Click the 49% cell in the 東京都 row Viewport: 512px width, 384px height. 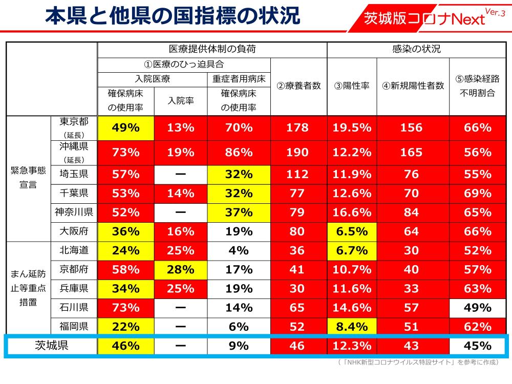(x=126, y=128)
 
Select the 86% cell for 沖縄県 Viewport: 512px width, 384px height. (x=239, y=153)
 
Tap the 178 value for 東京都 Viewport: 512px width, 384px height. (x=297, y=128)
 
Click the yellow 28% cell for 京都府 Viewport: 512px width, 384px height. (x=181, y=269)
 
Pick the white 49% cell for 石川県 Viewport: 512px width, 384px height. (x=477, y=308)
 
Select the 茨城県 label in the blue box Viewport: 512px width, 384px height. (x=51, y=346)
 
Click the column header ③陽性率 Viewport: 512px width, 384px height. (x=352, y=86)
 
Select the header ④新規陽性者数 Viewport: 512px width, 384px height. (x=413, y=86)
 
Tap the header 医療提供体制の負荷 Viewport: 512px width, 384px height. (x=212, y=50)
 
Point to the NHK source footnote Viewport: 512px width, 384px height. (x=418, y=362)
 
